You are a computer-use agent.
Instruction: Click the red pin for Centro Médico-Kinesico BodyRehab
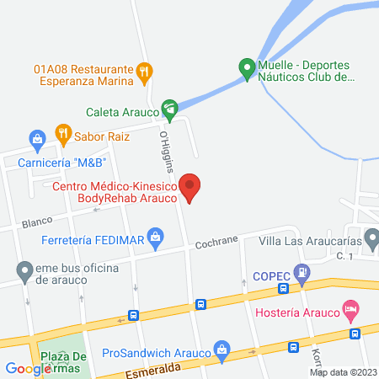[x=192, y=187]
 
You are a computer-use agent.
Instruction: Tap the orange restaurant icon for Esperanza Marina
[x=145, y=72]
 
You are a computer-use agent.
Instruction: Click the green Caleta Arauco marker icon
[x=170, y=108]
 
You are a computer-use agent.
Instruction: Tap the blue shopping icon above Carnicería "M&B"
[x=36, y=138]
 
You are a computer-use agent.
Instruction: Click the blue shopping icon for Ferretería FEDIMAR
[x=155, y=238]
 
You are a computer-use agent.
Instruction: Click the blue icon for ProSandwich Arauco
[x=222, y=349]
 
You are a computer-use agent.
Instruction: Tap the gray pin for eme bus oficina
[x=23, y=271]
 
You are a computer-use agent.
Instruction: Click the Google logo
[x=28, y=368]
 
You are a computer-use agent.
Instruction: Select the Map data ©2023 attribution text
[x=343, y=372]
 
